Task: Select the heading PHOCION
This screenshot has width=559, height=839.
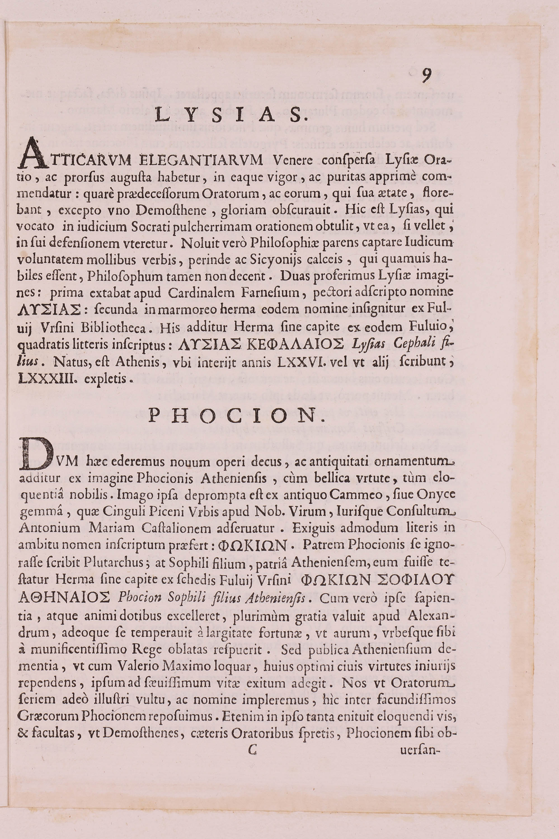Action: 236,415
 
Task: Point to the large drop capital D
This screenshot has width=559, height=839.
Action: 33,454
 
